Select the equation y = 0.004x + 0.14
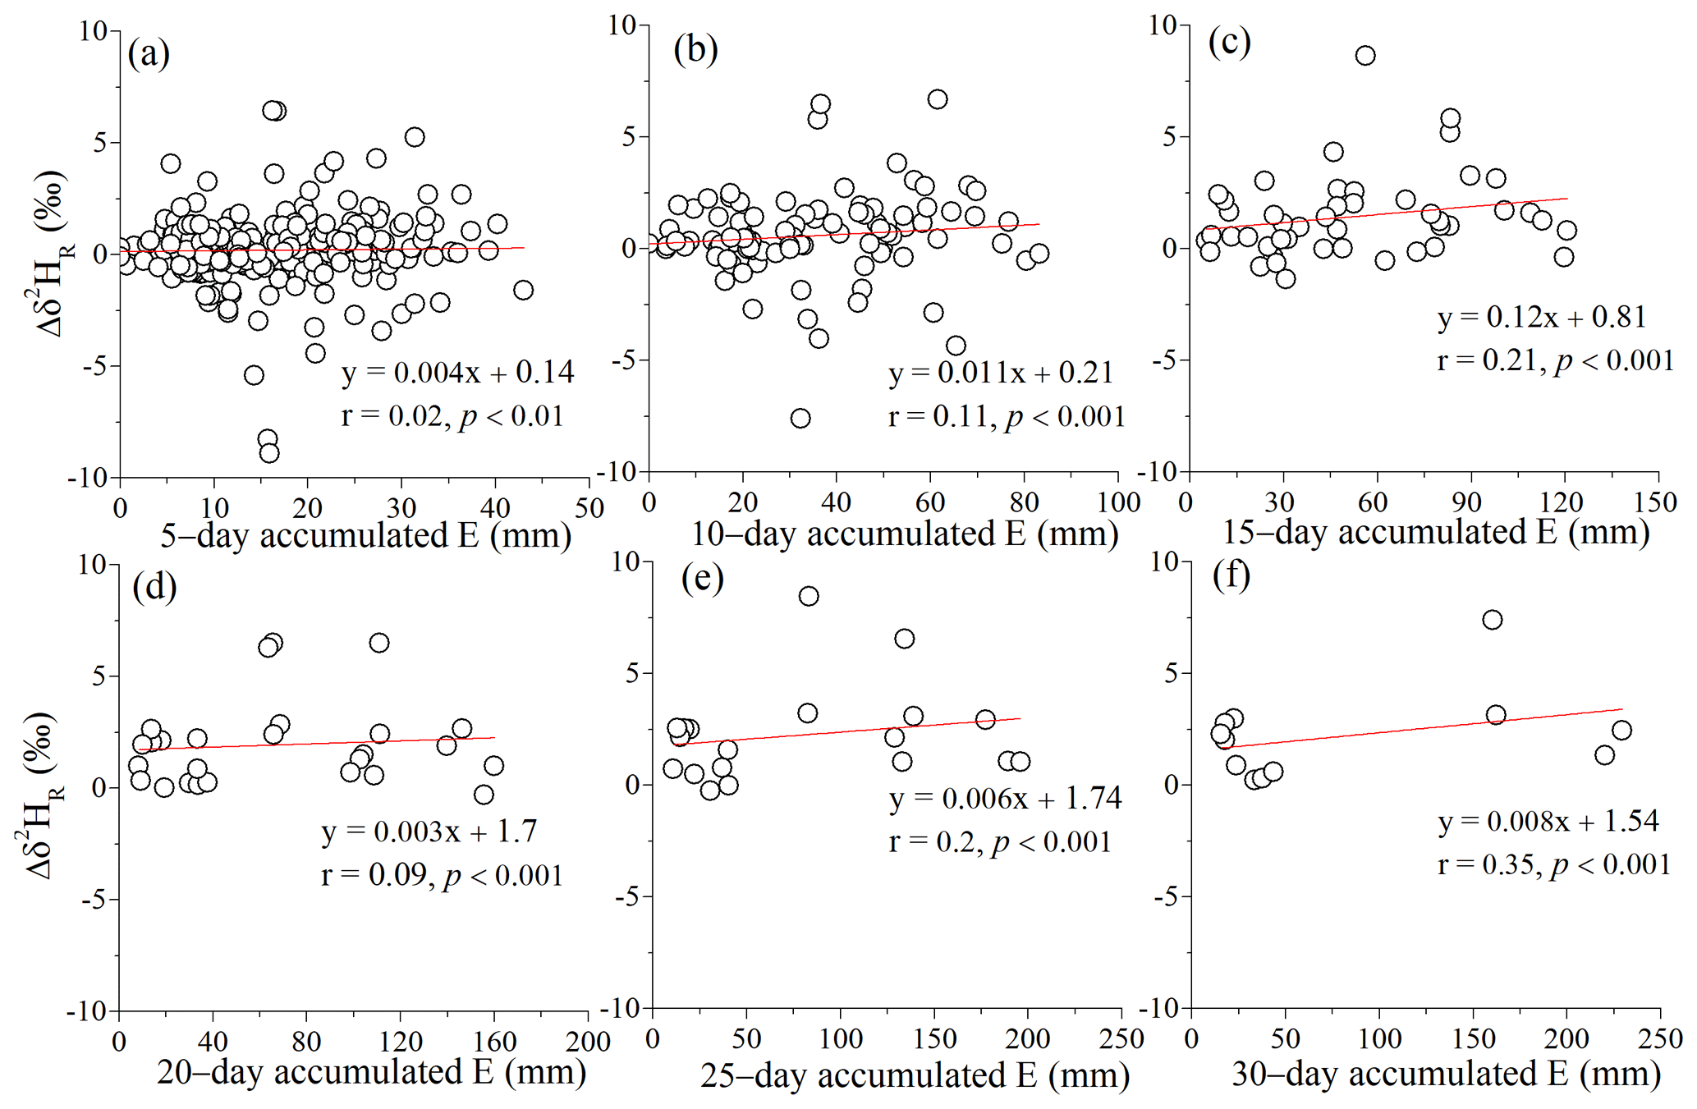[457, 373]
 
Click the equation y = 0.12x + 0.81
[1541, 317]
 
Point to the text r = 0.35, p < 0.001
[1553, 864]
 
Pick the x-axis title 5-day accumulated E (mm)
[365, 535]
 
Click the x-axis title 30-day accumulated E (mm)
[1446, 1074]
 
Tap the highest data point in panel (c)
[1365, 56]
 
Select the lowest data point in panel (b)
[800, 419]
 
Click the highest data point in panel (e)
[809, 596]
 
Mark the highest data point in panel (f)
[1493, 620]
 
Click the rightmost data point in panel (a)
[523, 290]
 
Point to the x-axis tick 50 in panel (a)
[589, 508]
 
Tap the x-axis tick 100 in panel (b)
[1119, 502]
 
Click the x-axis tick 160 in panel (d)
[495, 1042]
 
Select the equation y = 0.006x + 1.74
[1005, 798]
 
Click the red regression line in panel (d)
[328, 743]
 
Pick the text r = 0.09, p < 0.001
[442, 876]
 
